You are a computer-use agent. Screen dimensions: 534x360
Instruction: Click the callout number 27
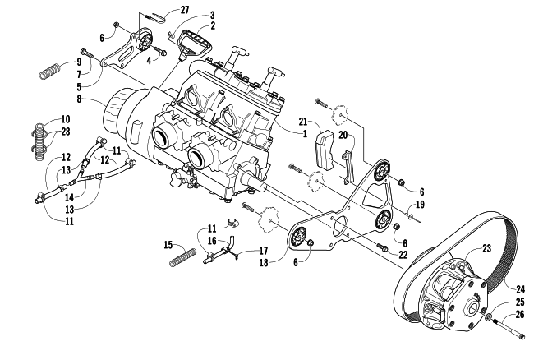pyautogui.click(x=184, y=10)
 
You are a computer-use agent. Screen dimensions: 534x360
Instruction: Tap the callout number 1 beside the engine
pyautogui.click(x=305, y=133)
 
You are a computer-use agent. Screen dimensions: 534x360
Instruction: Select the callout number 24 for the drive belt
pyautogui.click(x=520, y=289)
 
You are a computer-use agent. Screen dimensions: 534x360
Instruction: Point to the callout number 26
pyautogui.click(x=520, y=314)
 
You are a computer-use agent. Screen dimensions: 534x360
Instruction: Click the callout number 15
pyautogui.click(x=168, y=245)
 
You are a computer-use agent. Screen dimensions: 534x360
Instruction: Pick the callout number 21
pyautogui.click(x=303, y=122)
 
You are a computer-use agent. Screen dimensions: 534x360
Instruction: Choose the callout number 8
pyautogui.click(x=79, y=99)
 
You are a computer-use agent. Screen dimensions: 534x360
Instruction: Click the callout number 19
pyautogui.click(x=421, y=205)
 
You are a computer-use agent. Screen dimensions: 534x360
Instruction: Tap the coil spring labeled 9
pyautogui.click(x=50, y=71)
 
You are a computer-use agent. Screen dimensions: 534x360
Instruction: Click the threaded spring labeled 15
pyautogui.click(x=183, y=257)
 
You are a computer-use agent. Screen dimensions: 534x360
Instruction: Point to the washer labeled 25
pyautogui.click(x=488, y=317)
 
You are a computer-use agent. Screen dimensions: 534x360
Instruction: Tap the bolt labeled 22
pyautogui.click(x=382, y=246)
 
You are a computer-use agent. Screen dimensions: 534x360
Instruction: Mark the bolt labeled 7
pyautogui.click(x=86, y=53)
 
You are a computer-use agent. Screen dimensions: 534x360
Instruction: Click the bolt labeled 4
pyautogui.click(x=160, y=50)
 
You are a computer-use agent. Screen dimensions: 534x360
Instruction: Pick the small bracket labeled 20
pyautogui.click(x=348, y=167)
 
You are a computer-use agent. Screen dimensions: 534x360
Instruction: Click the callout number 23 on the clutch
pyautogui.click(x=487, y=248)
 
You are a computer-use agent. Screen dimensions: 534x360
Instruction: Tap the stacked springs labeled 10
pyautogui.click(x=40, y=141)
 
